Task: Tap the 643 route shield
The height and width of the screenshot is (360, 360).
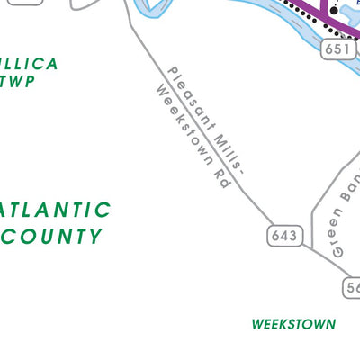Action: [x=284, y=236]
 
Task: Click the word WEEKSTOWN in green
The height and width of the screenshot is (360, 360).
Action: [x=293, y=324]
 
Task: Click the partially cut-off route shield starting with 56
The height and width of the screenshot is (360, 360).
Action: [x=352, y=286]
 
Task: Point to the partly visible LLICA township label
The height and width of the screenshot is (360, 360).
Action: [x=29, y=64]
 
